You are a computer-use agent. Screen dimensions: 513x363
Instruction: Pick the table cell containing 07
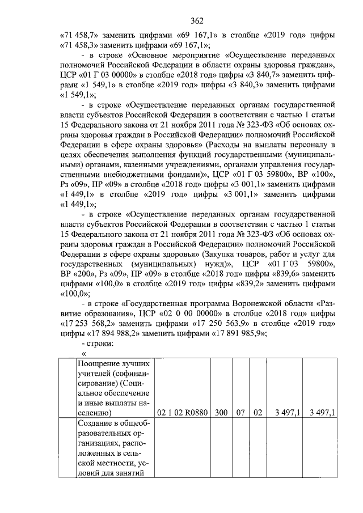pos(240,413)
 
